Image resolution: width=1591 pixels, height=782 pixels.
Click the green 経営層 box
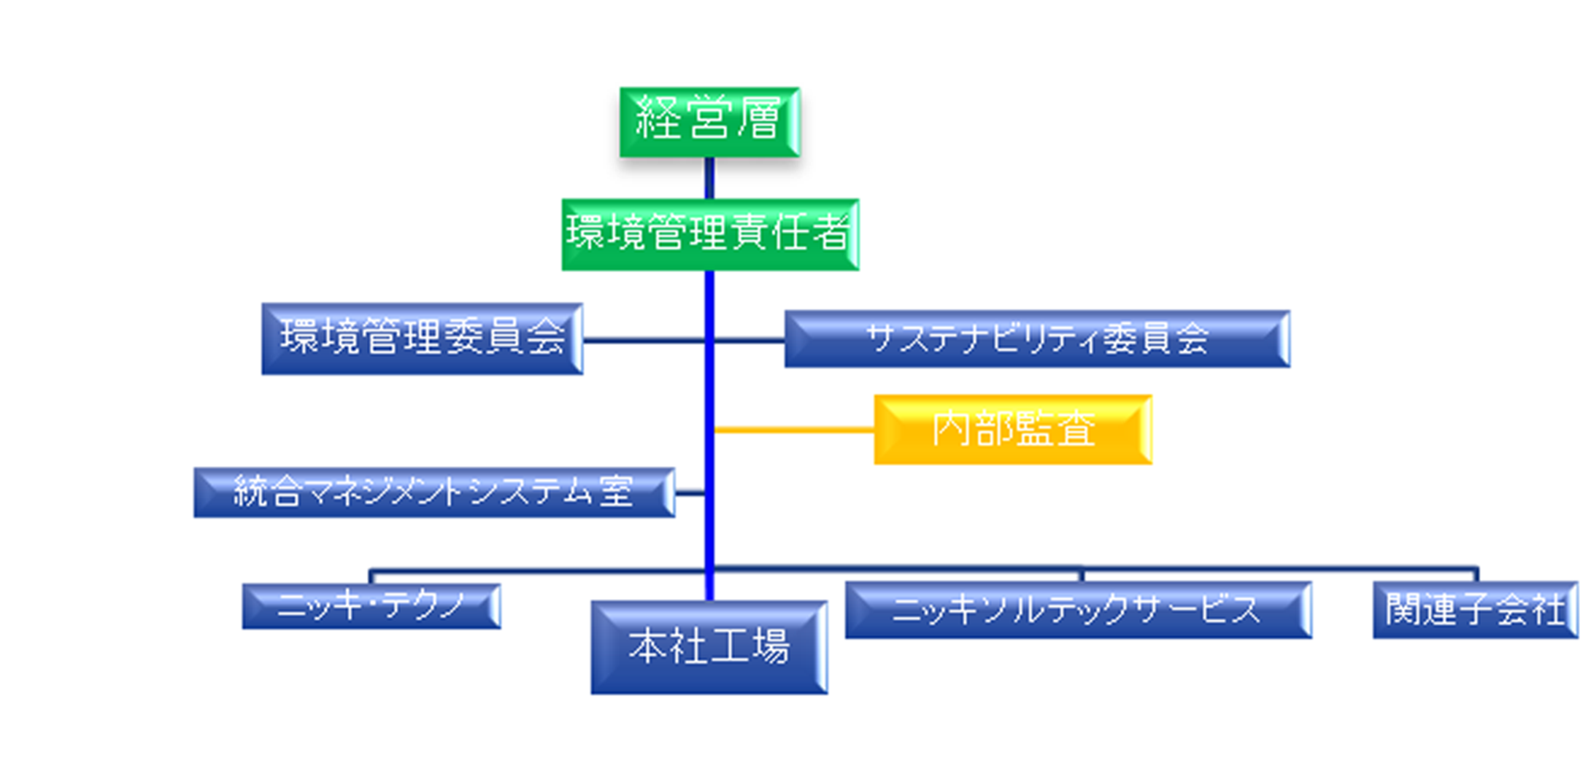[709, 122]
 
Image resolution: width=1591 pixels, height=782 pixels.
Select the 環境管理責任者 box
[710, 234]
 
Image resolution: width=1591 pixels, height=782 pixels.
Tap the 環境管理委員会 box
[422, 339]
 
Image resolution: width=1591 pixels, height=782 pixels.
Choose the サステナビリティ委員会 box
[1037, 338]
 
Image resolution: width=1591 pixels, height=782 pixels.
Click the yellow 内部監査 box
[1013, 429]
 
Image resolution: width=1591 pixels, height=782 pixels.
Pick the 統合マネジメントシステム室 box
[434, 492]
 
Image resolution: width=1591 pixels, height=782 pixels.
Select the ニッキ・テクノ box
[371, 605]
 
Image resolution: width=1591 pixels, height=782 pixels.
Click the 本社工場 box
[709, 647]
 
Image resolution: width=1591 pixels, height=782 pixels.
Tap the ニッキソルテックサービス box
[1078, 610]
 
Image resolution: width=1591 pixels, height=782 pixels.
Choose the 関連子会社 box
[1475, 610]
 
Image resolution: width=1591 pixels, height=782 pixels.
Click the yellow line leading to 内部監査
[794, 430]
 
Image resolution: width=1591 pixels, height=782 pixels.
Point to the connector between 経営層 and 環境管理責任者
[709, 178]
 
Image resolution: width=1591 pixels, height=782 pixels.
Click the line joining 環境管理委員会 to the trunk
[644, 340]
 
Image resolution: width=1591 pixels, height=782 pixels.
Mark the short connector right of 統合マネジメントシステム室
[690, 493]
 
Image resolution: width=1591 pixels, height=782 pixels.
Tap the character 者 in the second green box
[828, 233]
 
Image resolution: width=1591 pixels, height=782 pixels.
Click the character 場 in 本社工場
[768, 646]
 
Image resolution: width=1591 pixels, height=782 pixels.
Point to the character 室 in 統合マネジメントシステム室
[616, 491]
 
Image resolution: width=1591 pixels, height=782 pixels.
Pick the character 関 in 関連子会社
[1403, 609]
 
